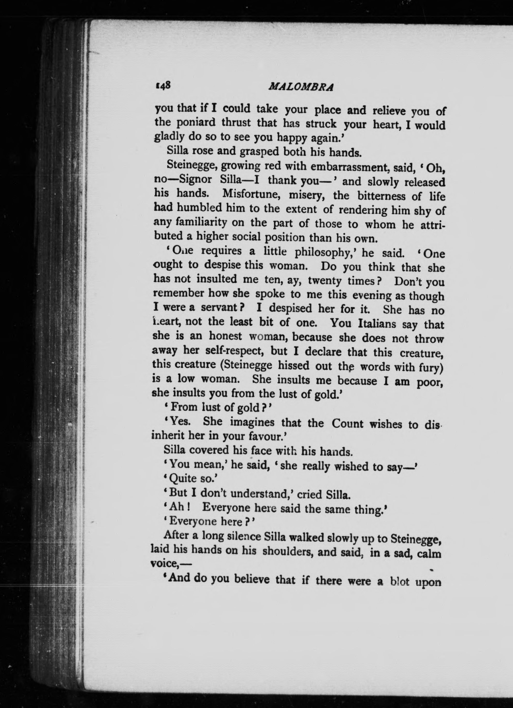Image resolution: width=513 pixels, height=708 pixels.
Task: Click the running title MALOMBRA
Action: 301,87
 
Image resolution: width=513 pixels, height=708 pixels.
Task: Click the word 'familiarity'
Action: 202,223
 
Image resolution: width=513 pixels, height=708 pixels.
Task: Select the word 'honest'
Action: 225,336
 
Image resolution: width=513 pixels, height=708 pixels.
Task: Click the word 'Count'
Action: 347,424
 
